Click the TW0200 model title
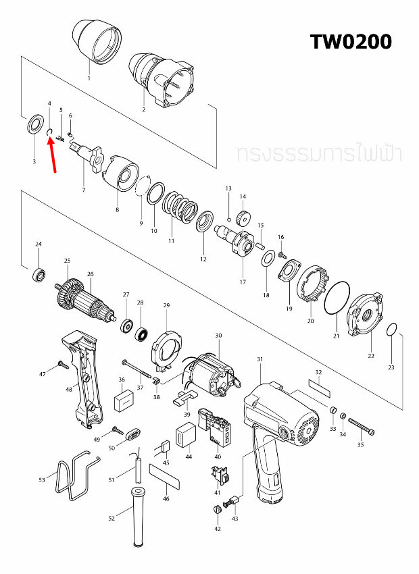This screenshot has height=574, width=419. point(351,41)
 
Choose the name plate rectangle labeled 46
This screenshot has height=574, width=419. point(166,477)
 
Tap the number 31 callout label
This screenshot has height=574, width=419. point(260,359)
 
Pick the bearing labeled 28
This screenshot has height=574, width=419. point(141,333)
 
